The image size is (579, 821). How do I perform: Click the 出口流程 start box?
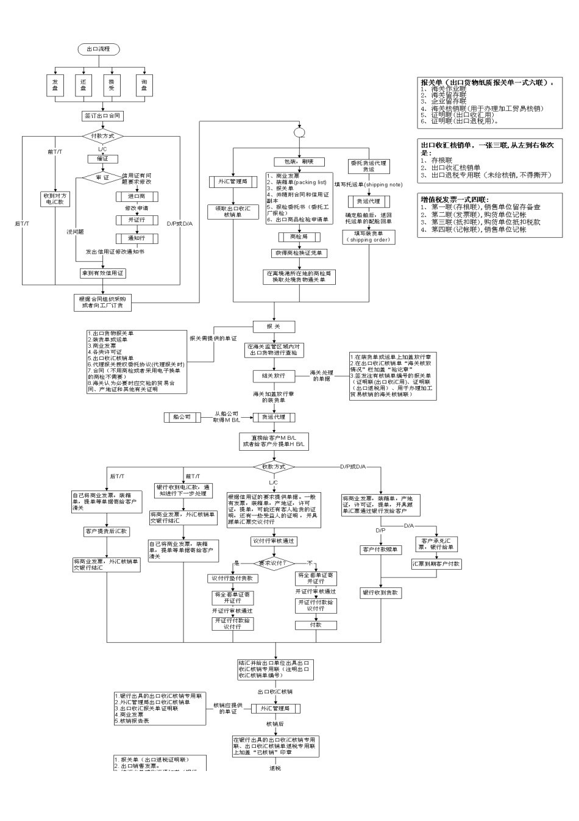coord(98,49)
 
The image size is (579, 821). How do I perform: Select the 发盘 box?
coord(55,85)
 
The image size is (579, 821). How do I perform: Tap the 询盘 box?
coord(144,85)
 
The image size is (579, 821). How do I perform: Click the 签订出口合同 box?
coord(102,115)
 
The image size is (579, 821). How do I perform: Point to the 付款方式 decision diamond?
coord(102,136)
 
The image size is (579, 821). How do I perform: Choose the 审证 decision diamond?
coord(102,177)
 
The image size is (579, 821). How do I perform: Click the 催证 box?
coord(102,159)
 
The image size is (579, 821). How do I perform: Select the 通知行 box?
coord(137,238)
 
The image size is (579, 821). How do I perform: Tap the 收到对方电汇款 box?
coord(55,199)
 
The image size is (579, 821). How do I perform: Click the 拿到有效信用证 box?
coord(102,273)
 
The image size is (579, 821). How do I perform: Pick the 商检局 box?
coord(299,237)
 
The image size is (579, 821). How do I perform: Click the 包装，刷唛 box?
coord(299,162)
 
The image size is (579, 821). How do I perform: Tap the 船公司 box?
coord(182,417)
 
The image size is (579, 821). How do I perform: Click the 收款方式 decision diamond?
coord(274,467)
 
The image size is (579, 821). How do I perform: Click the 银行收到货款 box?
coord(380,592)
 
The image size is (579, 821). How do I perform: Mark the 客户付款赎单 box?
coord(380,550)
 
